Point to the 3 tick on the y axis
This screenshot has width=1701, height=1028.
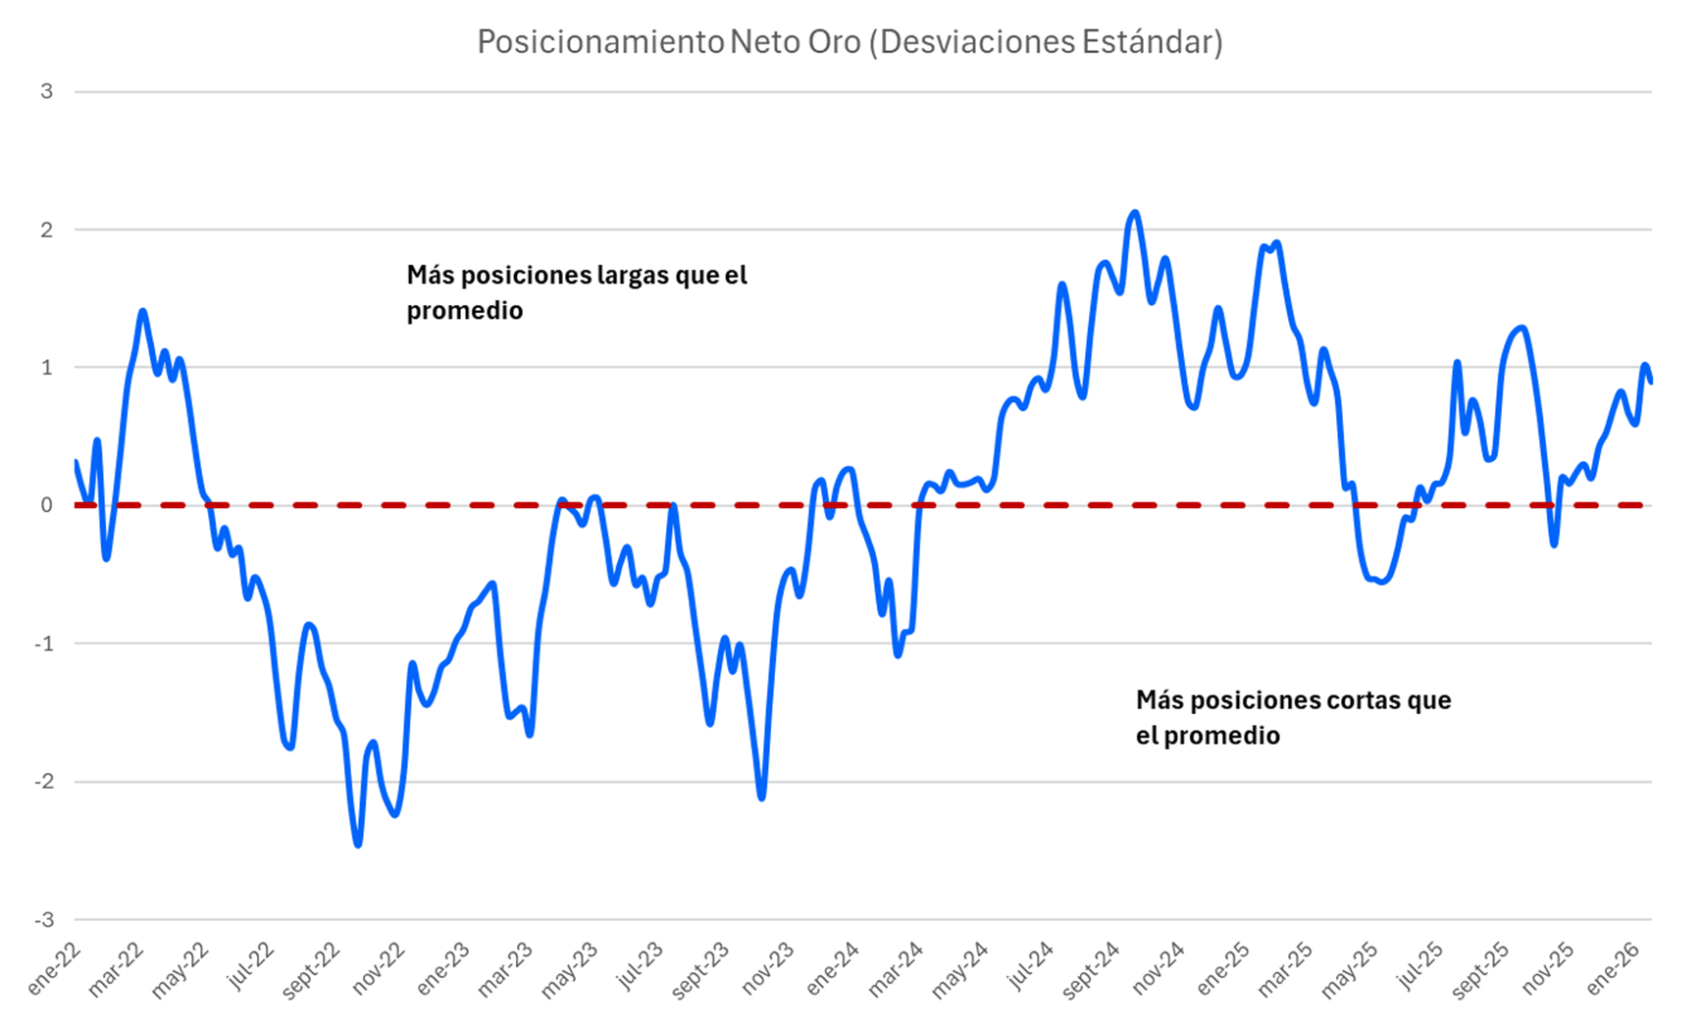pyautogui.click(x=47, y=92)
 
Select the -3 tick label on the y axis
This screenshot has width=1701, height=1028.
pyautogui.click(x=45, y=920)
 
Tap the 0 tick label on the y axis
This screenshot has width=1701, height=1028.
pyautogui.click(x=47, y=506)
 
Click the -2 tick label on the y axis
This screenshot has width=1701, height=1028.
pyautogui.click(x=45, y=782)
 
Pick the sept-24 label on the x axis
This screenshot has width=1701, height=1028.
pyautogui.click(x=1092, y=971)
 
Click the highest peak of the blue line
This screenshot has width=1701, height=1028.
pyautogui.click(x=1135, y=212)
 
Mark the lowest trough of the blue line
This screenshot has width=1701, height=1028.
pyautogui.click(x=358, y=845)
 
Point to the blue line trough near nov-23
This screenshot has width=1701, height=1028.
pyautogui.click(x=762, y=797)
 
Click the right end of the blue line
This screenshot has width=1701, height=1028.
pyautogui.click(x=1651, y=382)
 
